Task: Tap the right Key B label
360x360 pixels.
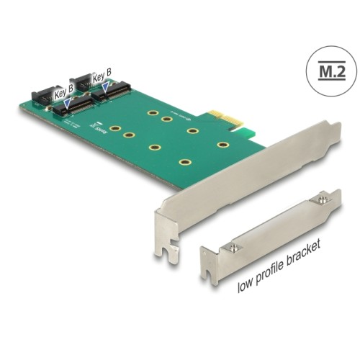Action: [x=102, y=73]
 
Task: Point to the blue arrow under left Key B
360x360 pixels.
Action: [x=67, y=105]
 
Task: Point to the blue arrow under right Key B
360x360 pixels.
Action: [x=106, y=87]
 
